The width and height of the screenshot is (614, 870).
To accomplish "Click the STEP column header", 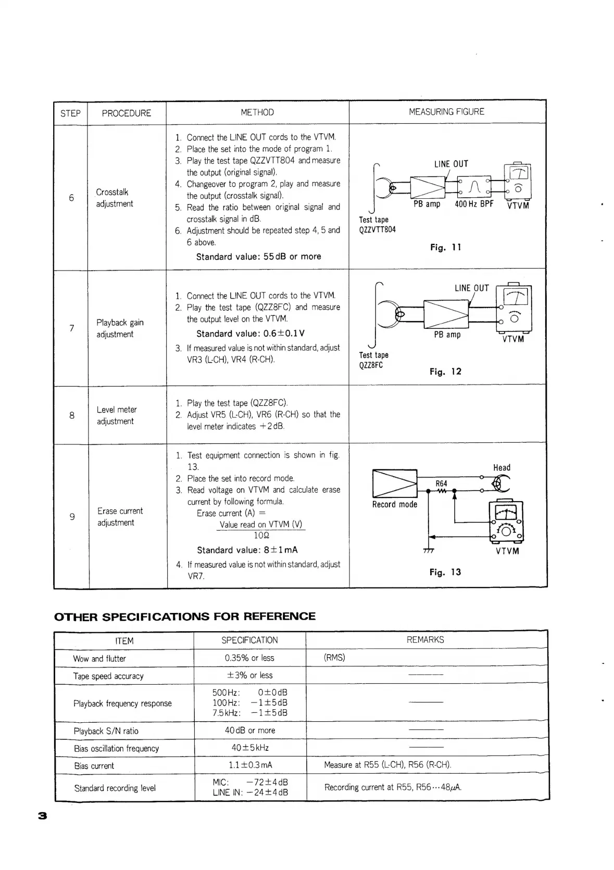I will [x=70, y=113].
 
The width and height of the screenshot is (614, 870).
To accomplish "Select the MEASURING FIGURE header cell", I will [x=446, y=112].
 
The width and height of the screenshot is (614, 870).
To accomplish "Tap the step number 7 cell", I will [x=71, y=328].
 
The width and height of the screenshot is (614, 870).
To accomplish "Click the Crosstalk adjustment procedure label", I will [x=115, y=198].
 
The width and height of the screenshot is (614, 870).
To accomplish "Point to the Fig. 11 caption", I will [x=445, y=247].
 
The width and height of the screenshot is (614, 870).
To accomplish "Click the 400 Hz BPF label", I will [x=473, y=204].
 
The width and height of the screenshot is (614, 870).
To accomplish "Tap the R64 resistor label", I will [x=441, y=483].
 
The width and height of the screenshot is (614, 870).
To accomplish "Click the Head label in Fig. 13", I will [x=502, y=467].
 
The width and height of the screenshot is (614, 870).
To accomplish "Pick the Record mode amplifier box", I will [x=395, y=484].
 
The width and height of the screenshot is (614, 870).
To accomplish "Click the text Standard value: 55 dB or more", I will [x=258, y=257].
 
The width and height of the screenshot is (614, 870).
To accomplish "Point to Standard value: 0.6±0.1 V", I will [x=250, y=334].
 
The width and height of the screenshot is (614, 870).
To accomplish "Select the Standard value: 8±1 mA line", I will [x=247, y=550].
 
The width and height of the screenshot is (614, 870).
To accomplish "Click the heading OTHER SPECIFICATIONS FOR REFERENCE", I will [x=185, y=617].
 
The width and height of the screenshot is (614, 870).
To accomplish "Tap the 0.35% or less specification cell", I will [x=249, y=658].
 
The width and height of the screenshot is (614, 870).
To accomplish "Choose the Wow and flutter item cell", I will [x=99, y=658].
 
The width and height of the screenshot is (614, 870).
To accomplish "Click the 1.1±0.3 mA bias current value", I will [x=250, y=765].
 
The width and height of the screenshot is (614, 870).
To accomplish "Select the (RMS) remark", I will [x=334, y=658].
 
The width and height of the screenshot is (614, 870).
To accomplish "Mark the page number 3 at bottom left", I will [x=43, y=816].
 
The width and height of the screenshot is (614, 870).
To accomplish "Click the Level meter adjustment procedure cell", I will [x=117, y=415].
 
